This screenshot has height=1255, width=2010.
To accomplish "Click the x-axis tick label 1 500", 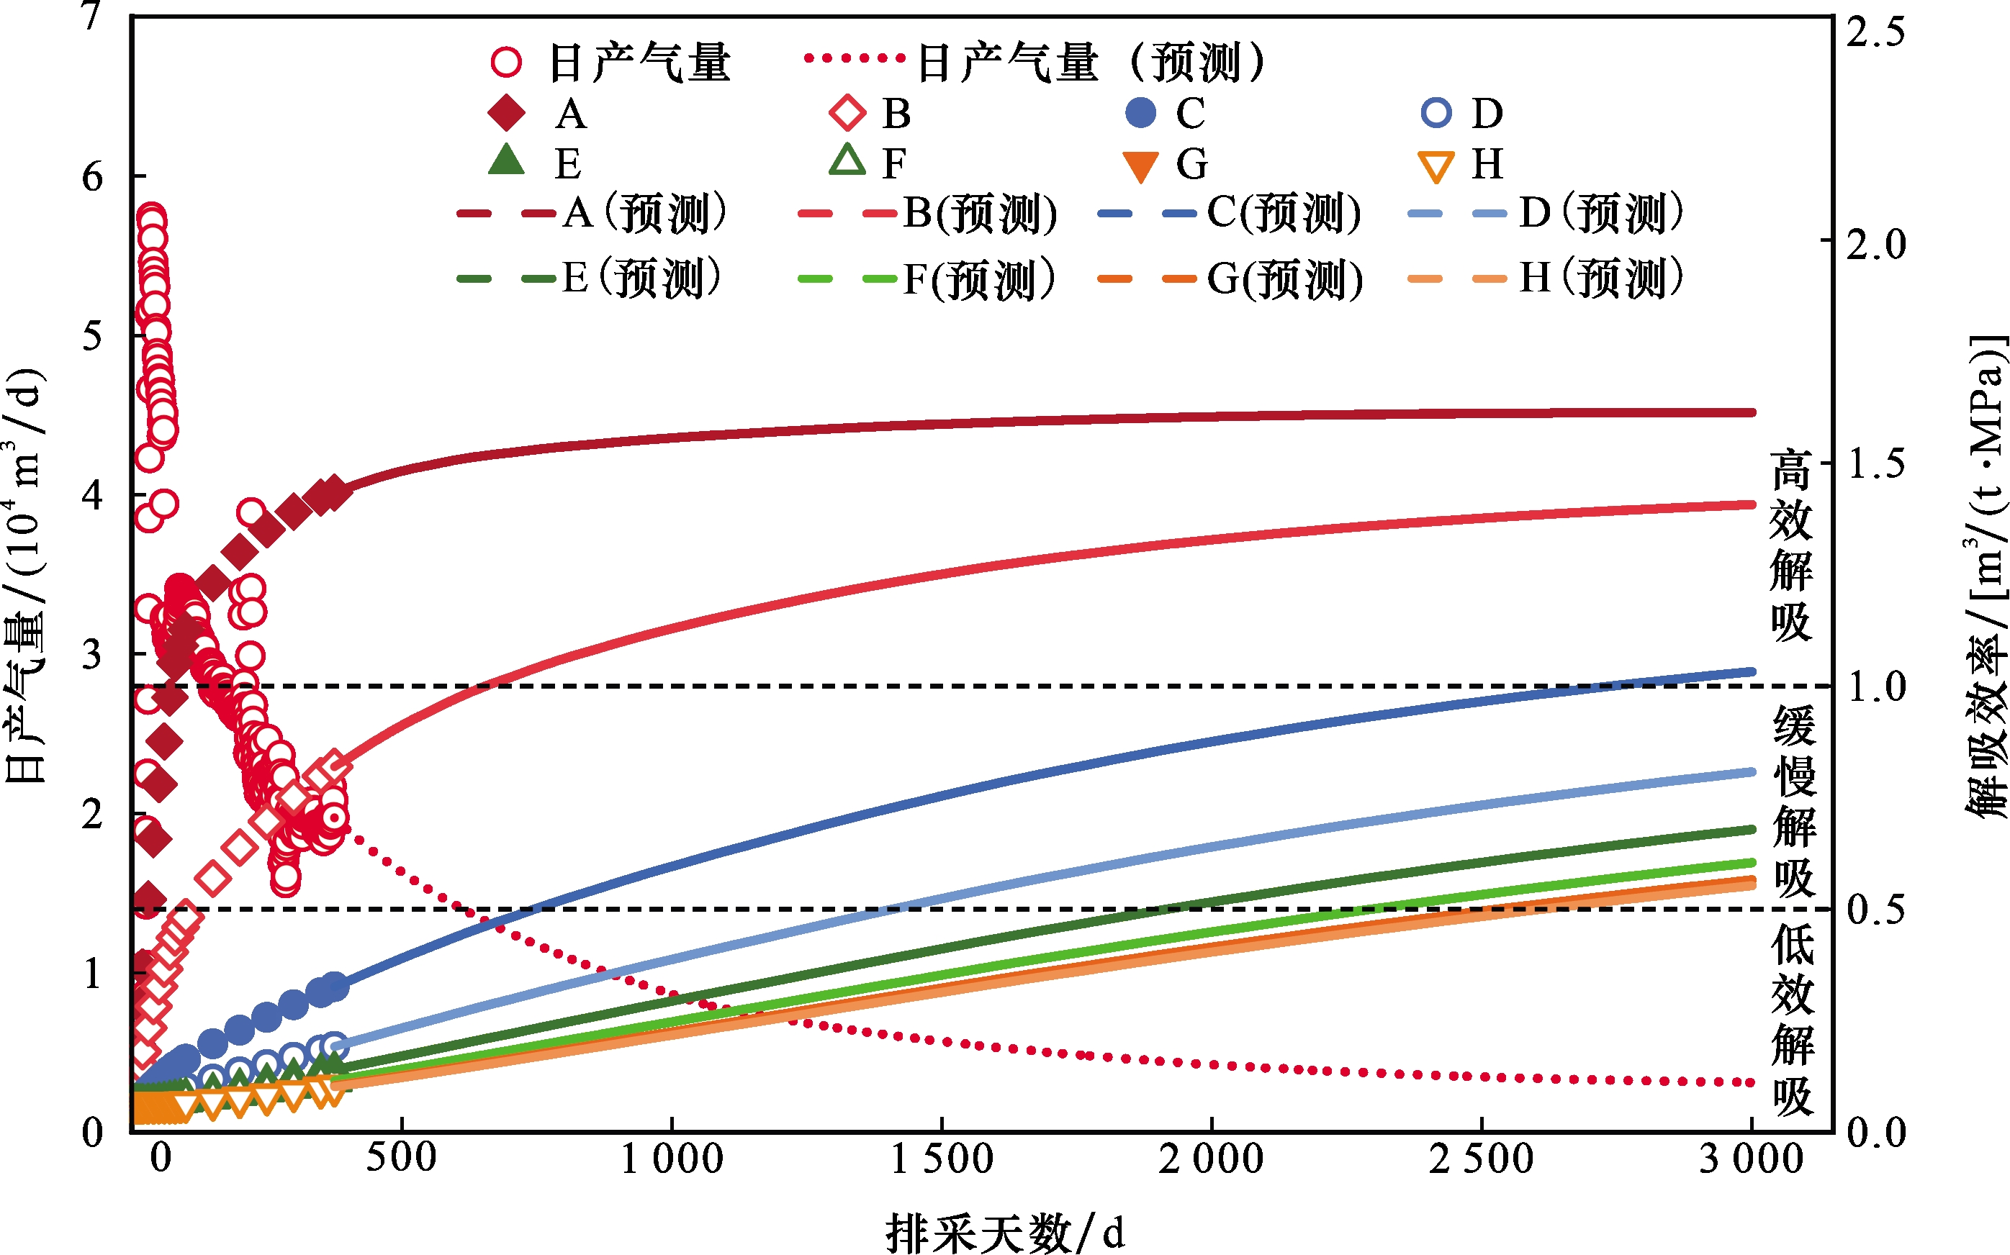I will tap(942, 1159).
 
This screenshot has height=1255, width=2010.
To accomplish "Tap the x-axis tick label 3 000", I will tap(1751, 1159).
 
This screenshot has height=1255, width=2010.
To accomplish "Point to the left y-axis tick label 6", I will tap(92, 177).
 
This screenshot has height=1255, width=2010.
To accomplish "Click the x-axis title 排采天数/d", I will tap(1004, 1233).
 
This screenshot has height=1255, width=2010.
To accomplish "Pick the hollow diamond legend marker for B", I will tap(847, 113).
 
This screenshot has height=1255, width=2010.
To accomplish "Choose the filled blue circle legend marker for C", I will tap(1141, 113).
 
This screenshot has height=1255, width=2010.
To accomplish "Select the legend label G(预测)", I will tap(1284, 279).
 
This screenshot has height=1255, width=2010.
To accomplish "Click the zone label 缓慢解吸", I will tap(1793, 801).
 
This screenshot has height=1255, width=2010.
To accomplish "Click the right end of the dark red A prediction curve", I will tap(1751, 412).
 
